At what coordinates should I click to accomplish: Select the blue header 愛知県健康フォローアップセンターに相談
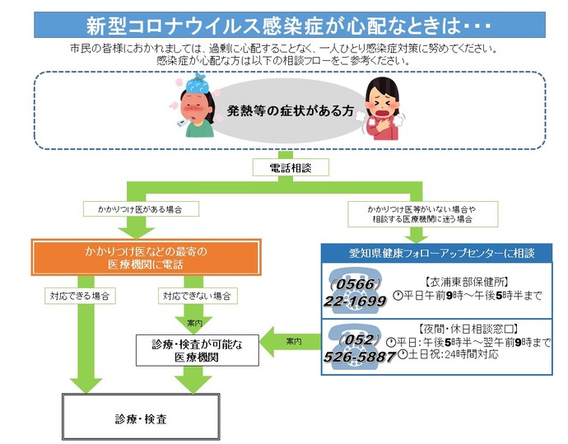click(x=435, y=251)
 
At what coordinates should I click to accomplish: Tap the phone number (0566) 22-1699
click(x=356, y=292)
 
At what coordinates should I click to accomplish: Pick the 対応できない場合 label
click(x=196, y=294)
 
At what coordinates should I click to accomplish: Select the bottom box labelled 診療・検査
click(x=141, y=418)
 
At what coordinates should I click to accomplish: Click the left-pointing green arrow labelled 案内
click(x=291, y=339)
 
